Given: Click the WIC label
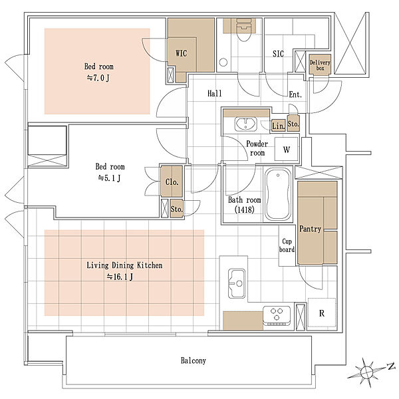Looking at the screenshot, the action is pyautogui.click(x=181, y=53).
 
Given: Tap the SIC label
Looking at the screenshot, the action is pyautogui.click(x=278, y=54).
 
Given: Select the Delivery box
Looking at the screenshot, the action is pyautogui.click(x=320, y=65).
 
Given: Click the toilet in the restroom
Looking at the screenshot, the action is pyautogui.click(x=243, y=31).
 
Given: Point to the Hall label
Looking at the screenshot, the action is pyautogui.click(x=215, y=93).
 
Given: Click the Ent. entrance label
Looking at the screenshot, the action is pyautogui.click(x=295, y=94).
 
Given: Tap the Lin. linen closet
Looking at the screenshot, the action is pyautogui.click(x=278, y=126).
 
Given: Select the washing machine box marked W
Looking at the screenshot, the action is pyautogui.click(x=287, y=149).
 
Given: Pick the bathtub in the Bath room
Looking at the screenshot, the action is pyautogui.click(x=278, y=194).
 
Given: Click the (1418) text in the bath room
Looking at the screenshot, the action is pyautogui.click(x=244, y=209).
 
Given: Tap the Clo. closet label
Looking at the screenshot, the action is pyautogui.click(x=172, y=182).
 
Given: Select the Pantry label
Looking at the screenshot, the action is pyautogui.click(x=310, y=229).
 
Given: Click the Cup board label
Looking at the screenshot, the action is pyautogui.click(x=287, y=245).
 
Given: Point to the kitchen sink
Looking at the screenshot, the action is pyautogui.click(x=237, y=283).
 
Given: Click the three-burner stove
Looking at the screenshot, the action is pyautogui.click(x=277, y=315).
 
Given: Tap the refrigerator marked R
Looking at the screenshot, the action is pyautogui.click(x=322, y=313).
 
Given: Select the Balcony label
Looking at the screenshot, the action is pyautogui.click(x=194, y=360).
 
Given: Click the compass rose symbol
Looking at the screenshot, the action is pyautogui.click(x=366, y=372).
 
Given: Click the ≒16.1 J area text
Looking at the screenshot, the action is pyautogui.click(x=120, y=277).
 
